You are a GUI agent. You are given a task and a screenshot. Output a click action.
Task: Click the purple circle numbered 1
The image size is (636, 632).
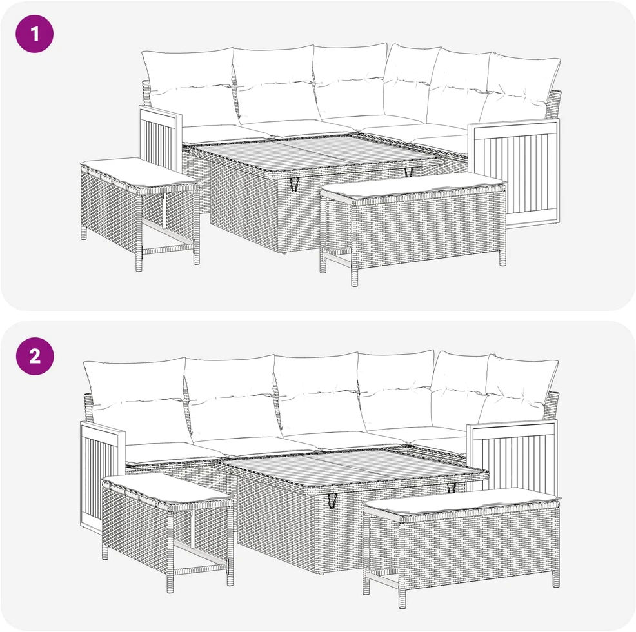(x=34, y=34)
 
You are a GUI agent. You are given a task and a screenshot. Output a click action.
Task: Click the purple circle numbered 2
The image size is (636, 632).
(x=34, y=356)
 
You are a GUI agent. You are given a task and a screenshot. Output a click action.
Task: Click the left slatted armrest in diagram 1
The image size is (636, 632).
(x=161, y=138)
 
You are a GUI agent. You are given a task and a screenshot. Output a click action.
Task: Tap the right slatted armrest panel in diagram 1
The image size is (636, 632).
(x=514, y=172)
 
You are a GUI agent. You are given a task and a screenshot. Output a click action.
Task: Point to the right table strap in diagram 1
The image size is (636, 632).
(x=408, y=172)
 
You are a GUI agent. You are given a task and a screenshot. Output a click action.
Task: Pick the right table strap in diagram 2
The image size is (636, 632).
(x=451, y=488)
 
